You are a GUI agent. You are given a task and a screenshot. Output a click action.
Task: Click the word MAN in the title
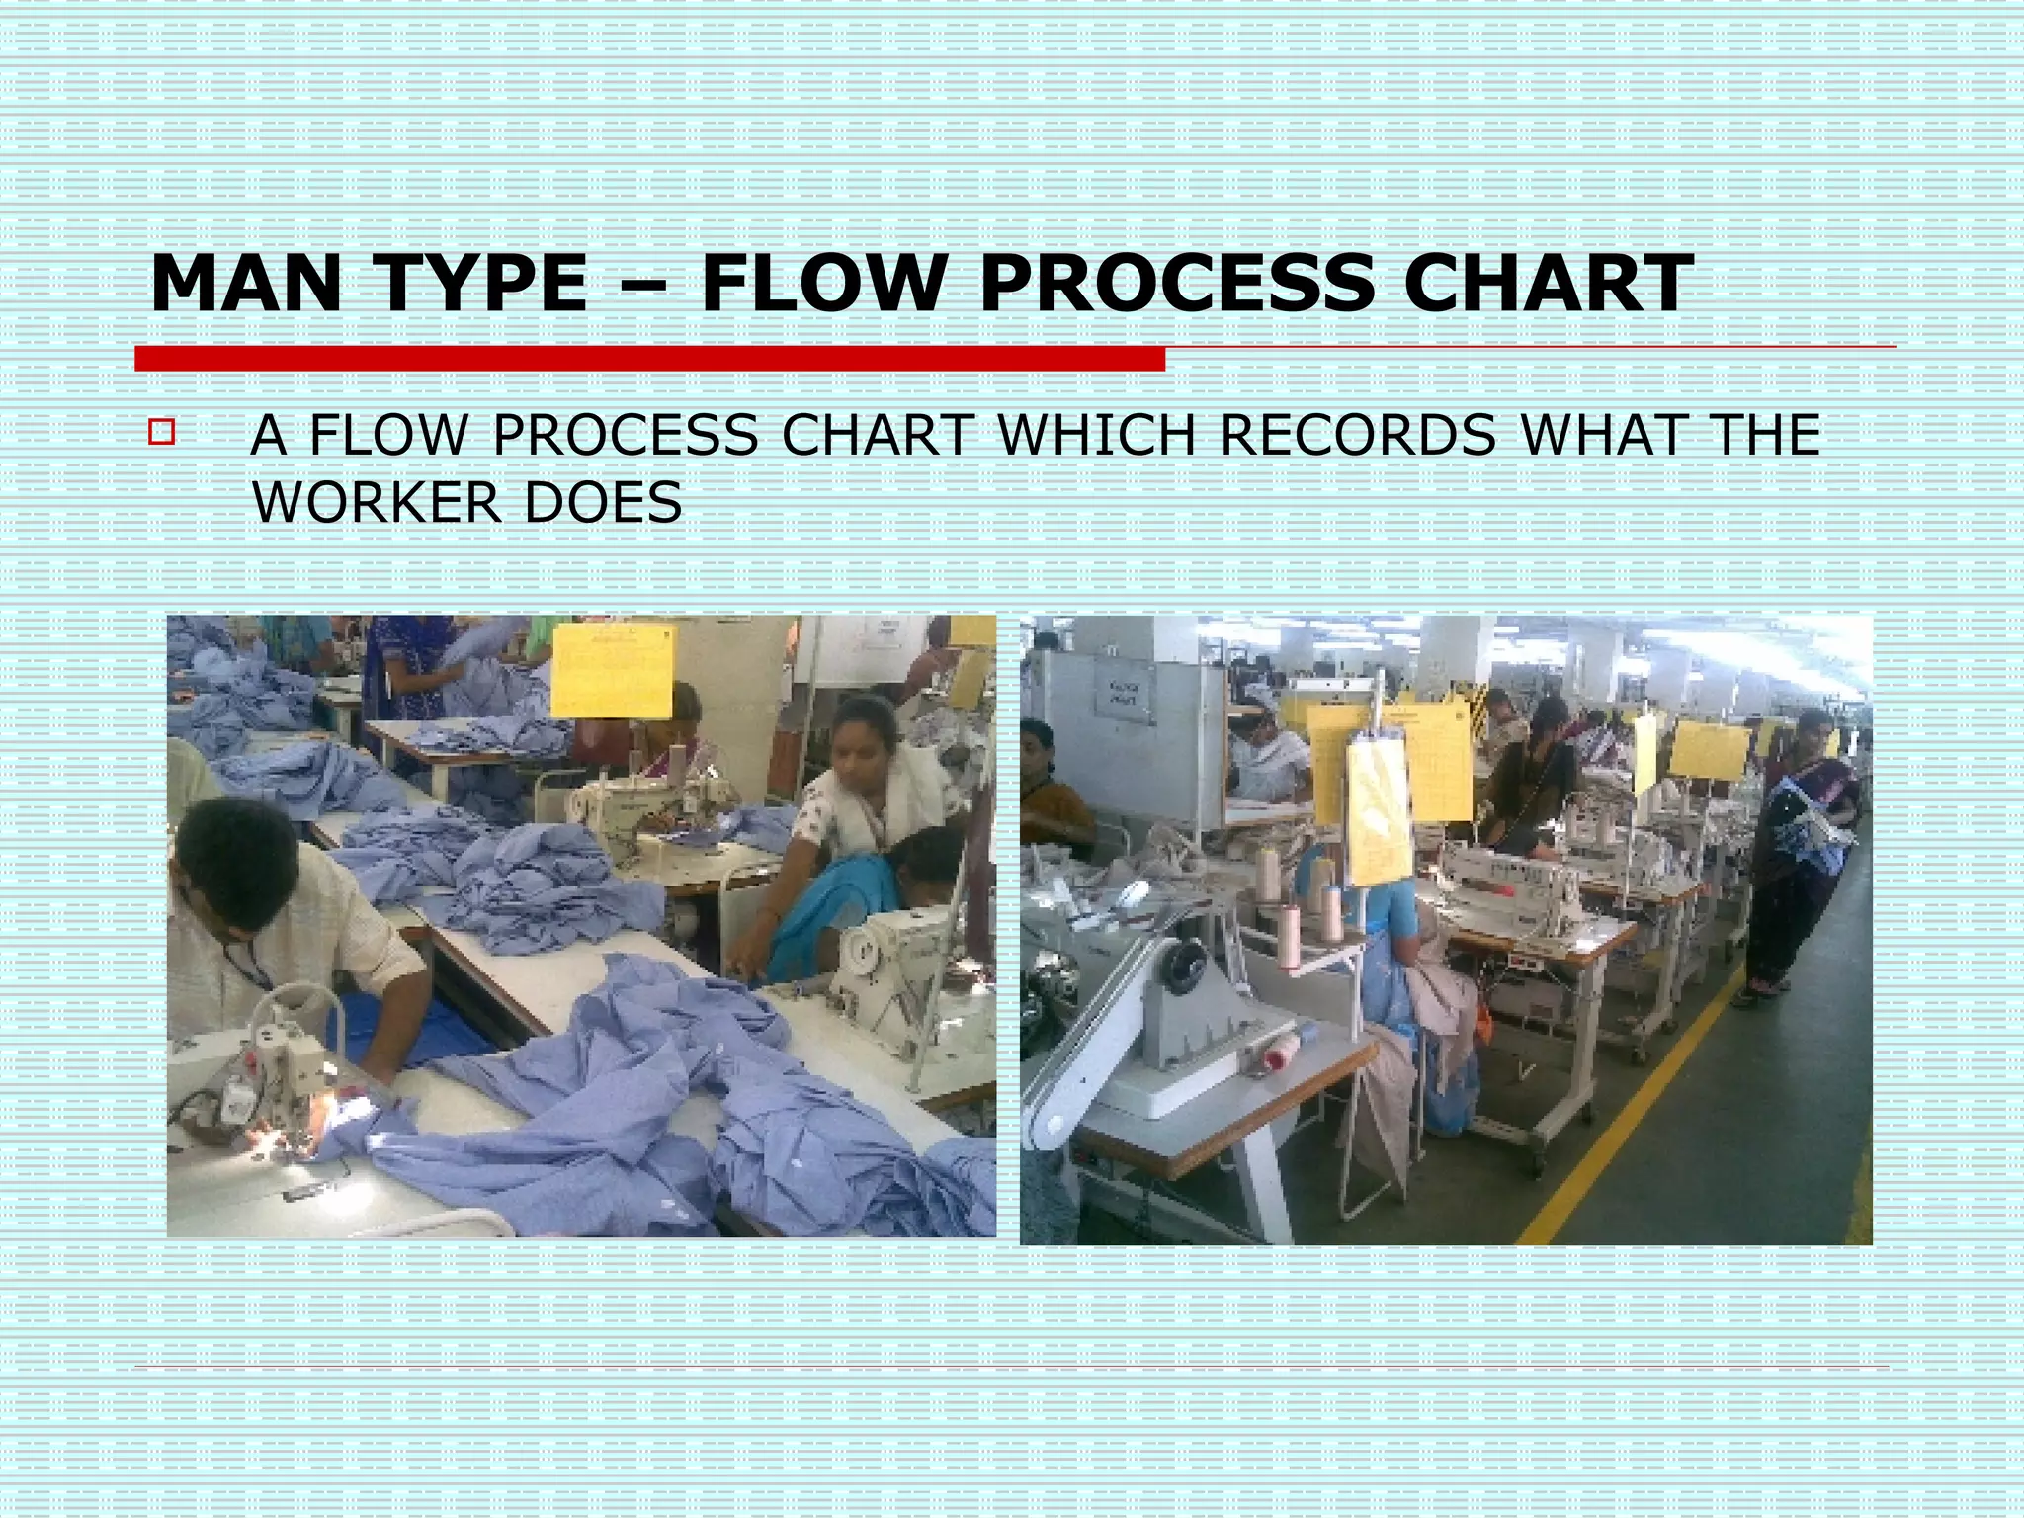(245, 285)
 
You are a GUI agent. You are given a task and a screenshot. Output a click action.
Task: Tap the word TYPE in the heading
(481, 285)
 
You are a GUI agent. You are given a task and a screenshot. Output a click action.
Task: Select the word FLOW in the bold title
(823, 285)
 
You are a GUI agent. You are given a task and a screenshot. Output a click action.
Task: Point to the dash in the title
(643, 287)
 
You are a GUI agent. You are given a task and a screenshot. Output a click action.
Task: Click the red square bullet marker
(161, 433)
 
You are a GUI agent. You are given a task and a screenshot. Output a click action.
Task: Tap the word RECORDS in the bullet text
(1358, 436)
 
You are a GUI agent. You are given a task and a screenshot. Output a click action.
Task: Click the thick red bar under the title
(649, 359)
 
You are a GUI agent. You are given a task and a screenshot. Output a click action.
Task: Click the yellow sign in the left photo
(611, 670)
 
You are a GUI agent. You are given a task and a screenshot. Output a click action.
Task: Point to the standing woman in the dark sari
(1803, 850)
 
